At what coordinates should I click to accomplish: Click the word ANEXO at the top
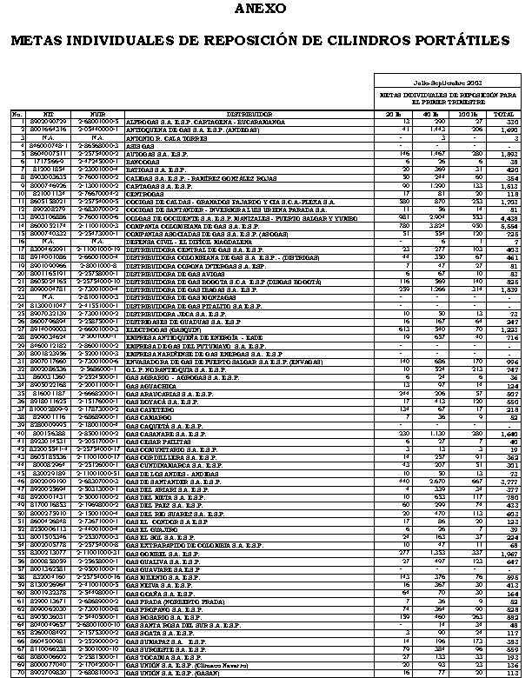(266, 10)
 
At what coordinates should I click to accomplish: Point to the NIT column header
(49, 114)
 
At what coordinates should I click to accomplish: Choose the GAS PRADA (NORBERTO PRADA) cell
(164, 575)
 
